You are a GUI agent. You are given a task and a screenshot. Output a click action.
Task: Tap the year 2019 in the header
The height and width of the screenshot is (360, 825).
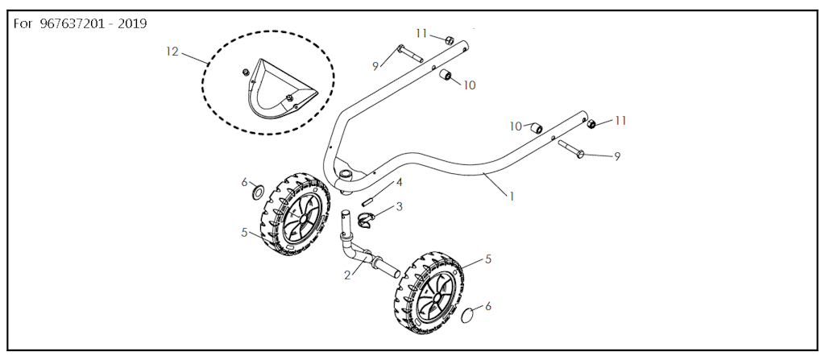pyautogui.click(x=132, y=23)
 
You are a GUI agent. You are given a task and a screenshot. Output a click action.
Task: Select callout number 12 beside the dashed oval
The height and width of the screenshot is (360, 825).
pyautogui.click(x=172, y=52)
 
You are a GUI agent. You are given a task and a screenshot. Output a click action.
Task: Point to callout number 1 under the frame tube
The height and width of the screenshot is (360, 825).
pyautogui.click(x=510, y=197)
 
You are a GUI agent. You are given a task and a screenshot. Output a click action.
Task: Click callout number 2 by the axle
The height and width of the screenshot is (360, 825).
pyautogui.click(x=347, y=275)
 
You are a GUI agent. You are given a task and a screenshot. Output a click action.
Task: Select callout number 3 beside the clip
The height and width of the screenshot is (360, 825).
pyautogui.click(x=400, y=206)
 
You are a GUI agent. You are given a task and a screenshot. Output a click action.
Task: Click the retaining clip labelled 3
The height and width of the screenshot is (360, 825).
pyautogui.click(x=367, y=219)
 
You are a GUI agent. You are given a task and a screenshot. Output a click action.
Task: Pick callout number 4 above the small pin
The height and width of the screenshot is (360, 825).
pyautogui.click(x=400, y=183)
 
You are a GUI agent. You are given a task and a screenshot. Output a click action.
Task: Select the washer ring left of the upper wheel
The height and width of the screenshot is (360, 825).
pyautogui.click(x=259, y=192)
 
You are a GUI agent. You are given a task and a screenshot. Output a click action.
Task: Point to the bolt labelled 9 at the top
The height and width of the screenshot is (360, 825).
pyautogui.click(x=409, y=54)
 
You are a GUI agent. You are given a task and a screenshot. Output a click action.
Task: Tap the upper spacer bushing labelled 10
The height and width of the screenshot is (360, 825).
pyautogui.click(x=446, y=75)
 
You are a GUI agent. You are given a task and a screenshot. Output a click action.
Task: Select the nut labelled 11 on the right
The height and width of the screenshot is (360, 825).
pyautogui.click(x=592, y=124)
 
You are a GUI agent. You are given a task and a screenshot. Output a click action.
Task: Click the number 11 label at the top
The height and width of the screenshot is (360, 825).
pyautogui.click(x=421, y=33)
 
